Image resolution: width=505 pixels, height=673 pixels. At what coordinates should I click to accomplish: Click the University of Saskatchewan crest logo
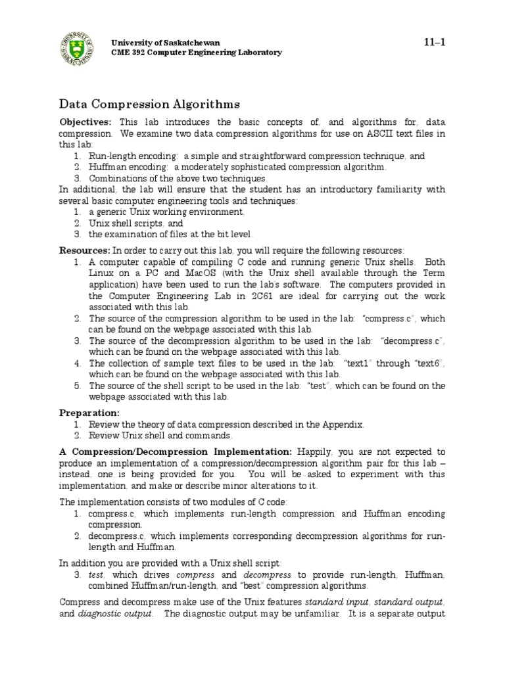pos(78,47)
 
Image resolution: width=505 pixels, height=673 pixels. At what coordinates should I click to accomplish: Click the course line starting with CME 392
pos(196,53)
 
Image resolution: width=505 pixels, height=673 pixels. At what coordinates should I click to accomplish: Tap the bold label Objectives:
pos(86,122)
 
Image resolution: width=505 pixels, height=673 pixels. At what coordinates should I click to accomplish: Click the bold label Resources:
pos(85,251)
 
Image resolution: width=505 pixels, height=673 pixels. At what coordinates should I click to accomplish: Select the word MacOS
pos(201,273)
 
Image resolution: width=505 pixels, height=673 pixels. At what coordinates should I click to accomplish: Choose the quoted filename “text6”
pos(430,363)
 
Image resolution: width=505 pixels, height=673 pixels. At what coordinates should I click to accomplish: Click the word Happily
pos(318,452)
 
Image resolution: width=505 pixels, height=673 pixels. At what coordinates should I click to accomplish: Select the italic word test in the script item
pos(97,574)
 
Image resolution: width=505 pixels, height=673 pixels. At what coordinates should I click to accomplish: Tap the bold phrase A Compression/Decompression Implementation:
pos(176,452)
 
